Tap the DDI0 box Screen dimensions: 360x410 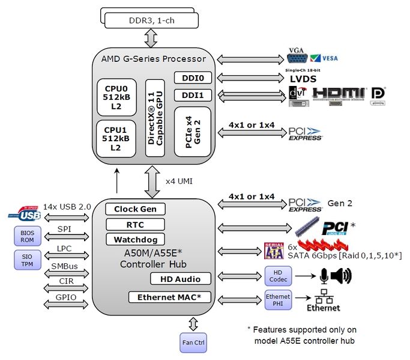click(192, 78)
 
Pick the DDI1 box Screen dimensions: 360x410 click(192, 95)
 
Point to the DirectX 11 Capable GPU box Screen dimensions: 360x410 click(155, 117)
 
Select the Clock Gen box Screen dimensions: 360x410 click(135, 209)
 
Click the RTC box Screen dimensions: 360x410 click(135, 224)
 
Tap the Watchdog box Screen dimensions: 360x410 click(135, 240)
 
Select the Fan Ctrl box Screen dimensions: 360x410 click(193, 343)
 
